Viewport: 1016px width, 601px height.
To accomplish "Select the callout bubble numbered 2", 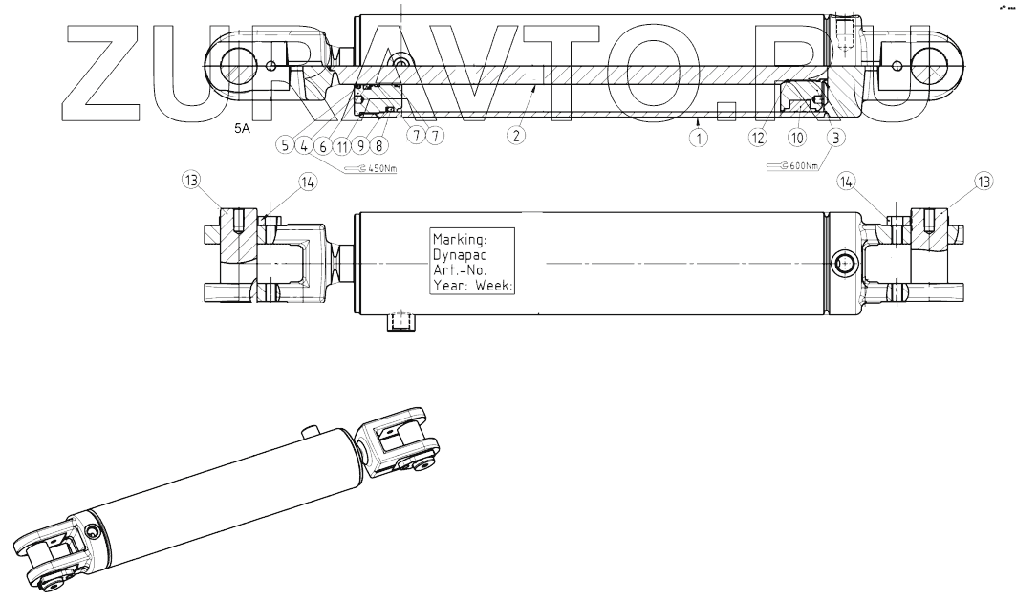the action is [x=515, y=136].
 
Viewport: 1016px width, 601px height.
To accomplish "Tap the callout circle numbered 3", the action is [x=836, y=137].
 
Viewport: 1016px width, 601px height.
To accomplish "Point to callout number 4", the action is [x=304, y=145].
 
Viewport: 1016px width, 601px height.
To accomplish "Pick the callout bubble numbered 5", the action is [x=285, y=145].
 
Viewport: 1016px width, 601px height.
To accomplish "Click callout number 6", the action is [x=323, y=145].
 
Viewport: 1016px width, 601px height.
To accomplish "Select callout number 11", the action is [x=342, y=145].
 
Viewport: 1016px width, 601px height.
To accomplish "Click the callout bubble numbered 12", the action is [x=758, y=137].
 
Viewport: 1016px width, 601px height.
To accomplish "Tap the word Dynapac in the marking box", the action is [x=460, y=254].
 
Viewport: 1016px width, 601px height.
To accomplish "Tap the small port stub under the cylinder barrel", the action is [x=400, y=323].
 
